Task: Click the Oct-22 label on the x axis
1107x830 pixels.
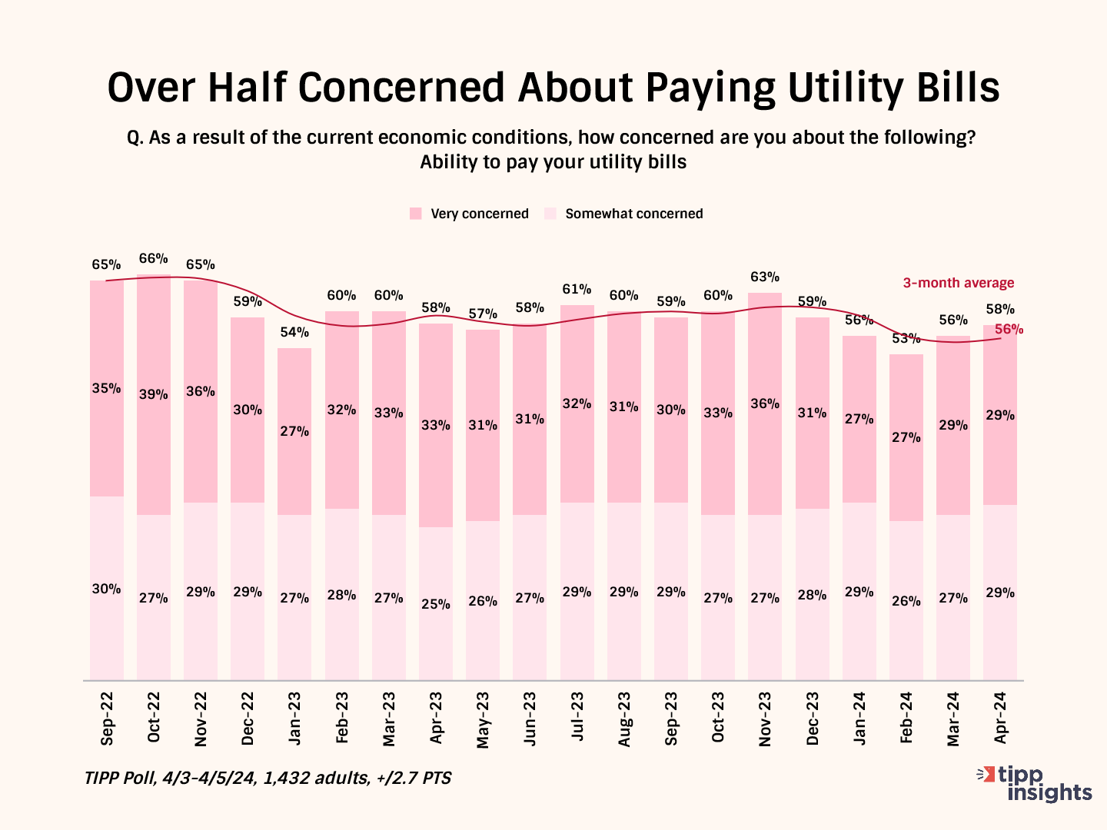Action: tap(154, 717)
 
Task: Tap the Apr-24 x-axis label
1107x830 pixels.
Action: tap(1000, 717)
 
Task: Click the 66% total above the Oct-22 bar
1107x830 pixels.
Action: tap(154, 259)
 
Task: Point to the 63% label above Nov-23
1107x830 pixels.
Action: tap(765, 277)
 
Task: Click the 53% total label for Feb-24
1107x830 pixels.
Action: tap(906, 338)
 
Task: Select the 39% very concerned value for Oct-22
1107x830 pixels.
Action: tap(154, 395)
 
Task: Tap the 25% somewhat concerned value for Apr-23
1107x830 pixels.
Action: tap(436, 605)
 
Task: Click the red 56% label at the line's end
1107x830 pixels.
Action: tap(1009, 330)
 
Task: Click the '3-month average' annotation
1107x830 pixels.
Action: tap(958, 283)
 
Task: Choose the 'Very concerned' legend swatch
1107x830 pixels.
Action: tap(416, 214)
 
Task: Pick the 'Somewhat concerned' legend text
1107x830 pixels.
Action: tap(633, 214)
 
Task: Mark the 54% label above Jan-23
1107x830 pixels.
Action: tap(294, 333)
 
